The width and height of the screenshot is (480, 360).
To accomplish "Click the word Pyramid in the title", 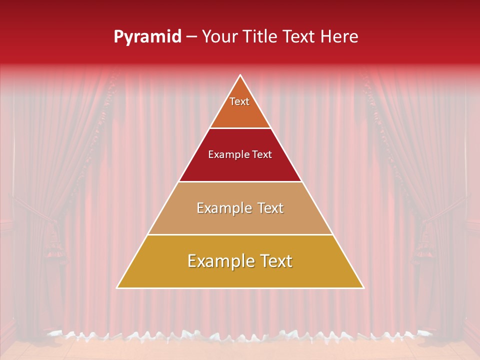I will point(147,36).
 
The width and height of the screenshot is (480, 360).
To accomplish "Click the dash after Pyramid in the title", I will point(191,37).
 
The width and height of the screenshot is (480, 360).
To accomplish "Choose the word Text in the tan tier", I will point(267,208).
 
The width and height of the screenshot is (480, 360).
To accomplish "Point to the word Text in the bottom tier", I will point(274,261).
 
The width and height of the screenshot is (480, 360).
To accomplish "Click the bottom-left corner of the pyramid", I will point(117,287).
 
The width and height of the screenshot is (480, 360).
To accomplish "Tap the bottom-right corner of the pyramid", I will point(363,287).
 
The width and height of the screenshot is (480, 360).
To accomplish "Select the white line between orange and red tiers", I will point(240,128).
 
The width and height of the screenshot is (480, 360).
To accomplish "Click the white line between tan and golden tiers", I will point(240,234).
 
